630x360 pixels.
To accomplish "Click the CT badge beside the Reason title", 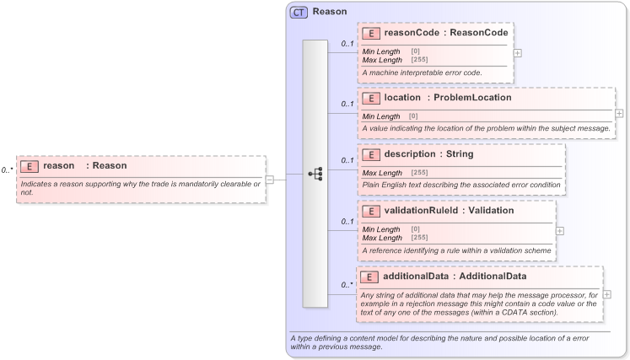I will (299, 12).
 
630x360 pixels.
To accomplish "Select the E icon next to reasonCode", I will (369, 34).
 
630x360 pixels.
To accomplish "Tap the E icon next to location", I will (369, 98).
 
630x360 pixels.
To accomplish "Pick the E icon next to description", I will (369, 154).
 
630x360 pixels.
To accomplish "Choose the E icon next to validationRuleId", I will (369, 211).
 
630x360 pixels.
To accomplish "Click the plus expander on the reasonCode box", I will (517, 52).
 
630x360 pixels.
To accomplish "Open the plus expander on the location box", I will (619, 113).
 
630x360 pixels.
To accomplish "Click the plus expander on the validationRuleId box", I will (559, 229).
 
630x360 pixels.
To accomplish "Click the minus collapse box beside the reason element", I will (269, 179).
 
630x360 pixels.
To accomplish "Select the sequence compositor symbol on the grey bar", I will (315, 174).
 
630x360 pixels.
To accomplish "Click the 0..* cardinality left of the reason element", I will (7, 170).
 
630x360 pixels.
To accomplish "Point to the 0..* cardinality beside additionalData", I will (346, 285).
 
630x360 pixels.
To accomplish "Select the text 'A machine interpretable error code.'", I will (422, 73).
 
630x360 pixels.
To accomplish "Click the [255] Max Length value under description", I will (418, 173).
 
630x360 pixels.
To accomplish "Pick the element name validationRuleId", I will (425, 211).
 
